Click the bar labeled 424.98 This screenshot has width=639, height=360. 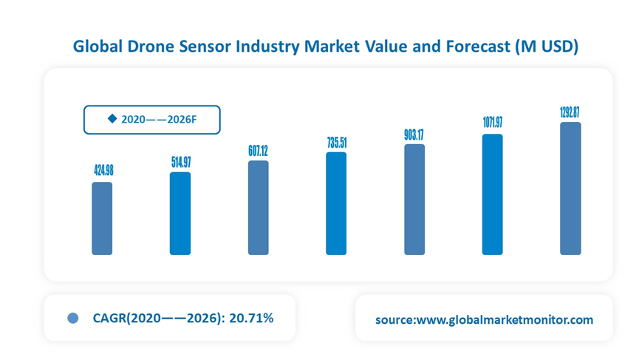point(102,219)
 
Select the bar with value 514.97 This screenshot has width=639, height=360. point(180,214)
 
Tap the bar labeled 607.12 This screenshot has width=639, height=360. point(259,208)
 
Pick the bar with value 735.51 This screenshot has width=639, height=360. point(336,204)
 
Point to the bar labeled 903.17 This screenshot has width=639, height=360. point(414,200)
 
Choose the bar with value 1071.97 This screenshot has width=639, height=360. point(492,194)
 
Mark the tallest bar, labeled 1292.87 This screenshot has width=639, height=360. point(570,189)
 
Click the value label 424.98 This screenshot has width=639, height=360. point(103,170)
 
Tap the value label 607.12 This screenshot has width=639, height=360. point(258,151)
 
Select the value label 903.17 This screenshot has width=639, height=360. point(414,135)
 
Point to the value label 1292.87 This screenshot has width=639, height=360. point(570,112)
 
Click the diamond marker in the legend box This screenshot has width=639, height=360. point(112,118)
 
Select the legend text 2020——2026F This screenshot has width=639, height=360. point(159,120)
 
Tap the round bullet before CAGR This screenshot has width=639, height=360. point(73,318)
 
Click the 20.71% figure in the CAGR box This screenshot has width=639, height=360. point(251,318)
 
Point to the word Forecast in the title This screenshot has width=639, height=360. point(478,47)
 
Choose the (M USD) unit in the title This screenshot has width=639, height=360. point(547,47)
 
